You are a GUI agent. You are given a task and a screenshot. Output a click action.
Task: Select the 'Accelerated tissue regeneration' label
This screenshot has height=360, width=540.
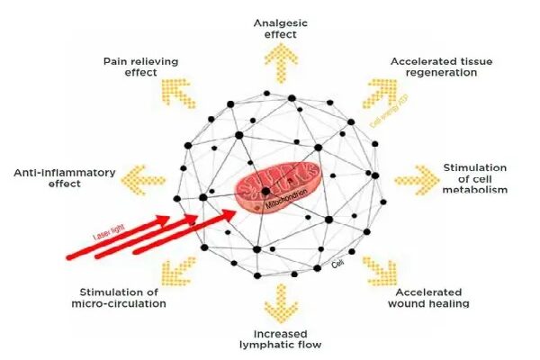[x=434, y=67]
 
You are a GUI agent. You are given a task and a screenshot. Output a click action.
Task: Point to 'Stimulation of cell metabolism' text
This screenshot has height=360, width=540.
[x=475, y=178]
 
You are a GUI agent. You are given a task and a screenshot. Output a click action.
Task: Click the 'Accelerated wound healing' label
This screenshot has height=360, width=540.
[x=428, y=298]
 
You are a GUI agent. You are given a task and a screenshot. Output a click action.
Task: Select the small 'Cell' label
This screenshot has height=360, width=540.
[x=338, y=264]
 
